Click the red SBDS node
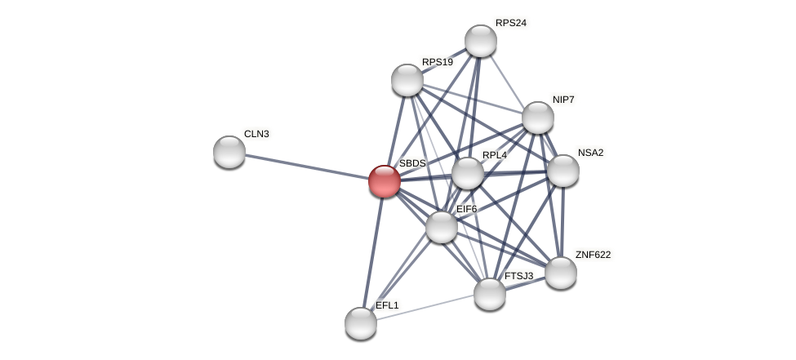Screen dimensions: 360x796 click(385, 181)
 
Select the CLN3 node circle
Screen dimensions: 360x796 click(229, 152)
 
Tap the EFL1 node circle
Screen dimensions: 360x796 click(361, 323)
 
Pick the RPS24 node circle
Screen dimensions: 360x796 click(481, 41)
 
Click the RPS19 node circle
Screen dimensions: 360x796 click(407, 80)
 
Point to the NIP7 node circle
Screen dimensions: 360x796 click(538, 118)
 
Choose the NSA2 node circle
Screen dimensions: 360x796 click(563, 171)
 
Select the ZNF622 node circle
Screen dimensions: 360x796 click(561, 273)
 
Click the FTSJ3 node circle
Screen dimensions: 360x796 click(490, 294)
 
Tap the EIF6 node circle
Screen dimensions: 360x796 click(442, 227)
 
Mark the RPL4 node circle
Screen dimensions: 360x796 click(468, 173)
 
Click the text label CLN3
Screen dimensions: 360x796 click(256, 134)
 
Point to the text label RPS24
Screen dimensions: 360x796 click(511, 23)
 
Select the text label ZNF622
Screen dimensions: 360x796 click(593, 255)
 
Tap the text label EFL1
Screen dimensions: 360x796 click(388, 305)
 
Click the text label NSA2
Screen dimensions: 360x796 click(590, 153)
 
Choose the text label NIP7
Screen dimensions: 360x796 click(563, 100)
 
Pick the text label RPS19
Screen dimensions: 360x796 click(438, 62)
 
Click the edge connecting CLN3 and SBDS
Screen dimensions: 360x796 click(306, 167)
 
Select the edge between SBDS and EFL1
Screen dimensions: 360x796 click(373, 251)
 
